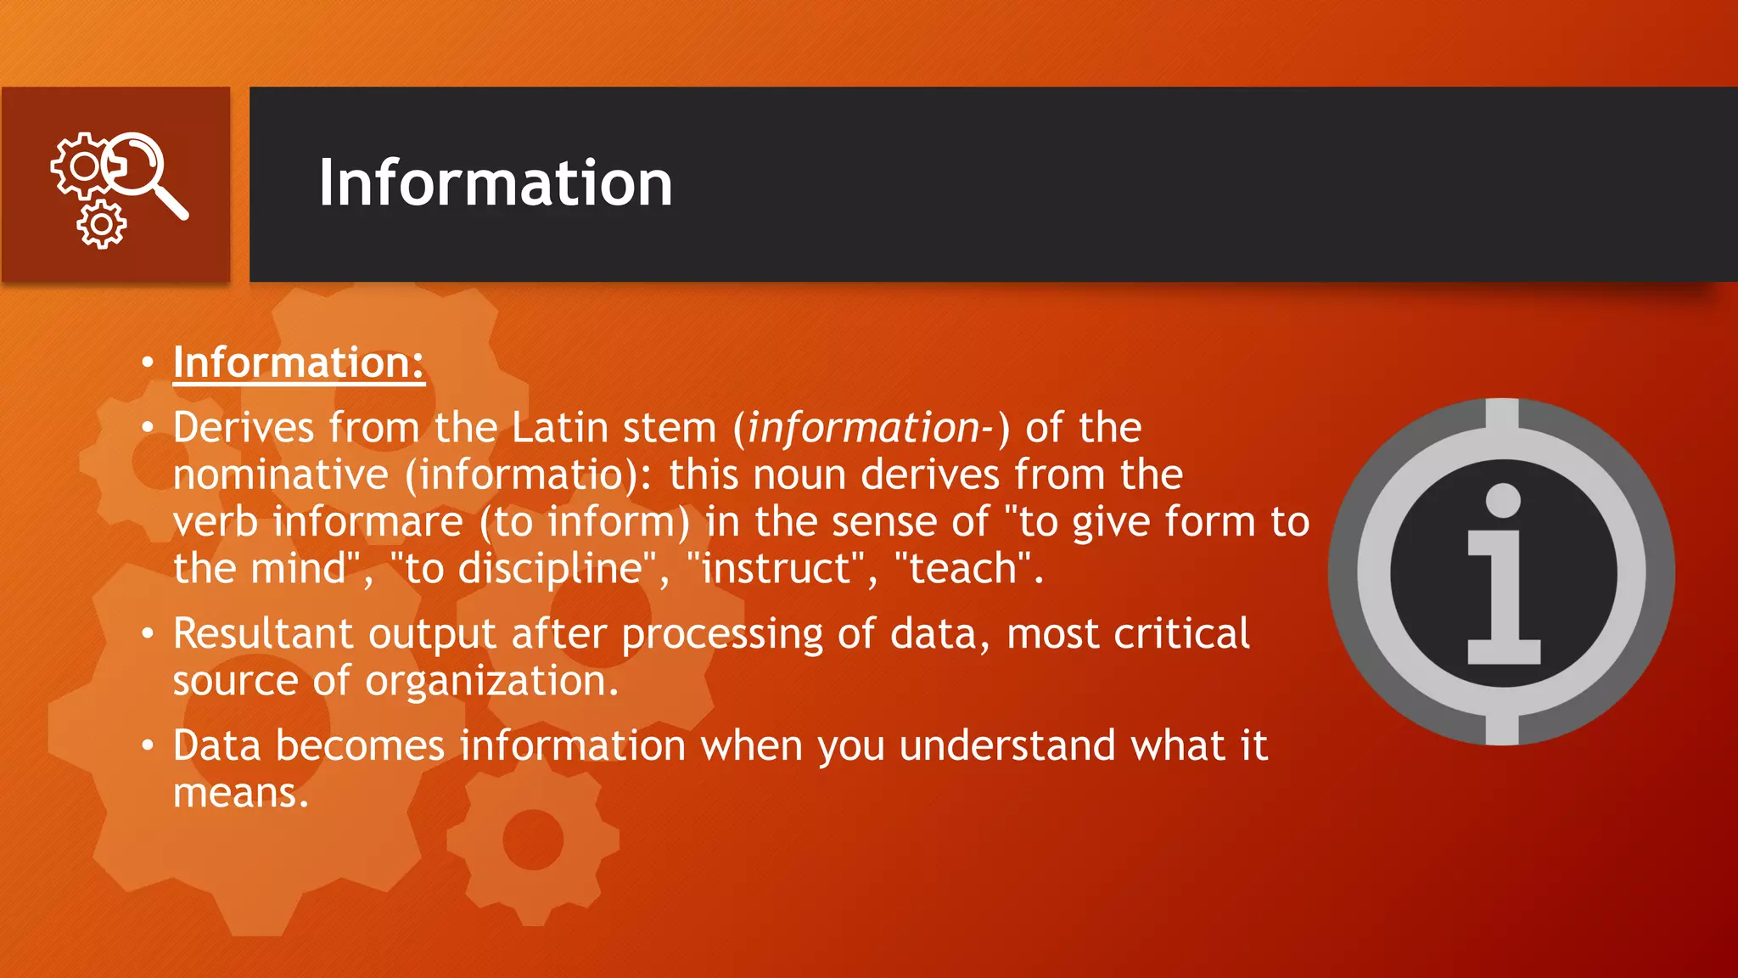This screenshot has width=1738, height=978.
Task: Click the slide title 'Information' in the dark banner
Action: point(496,183)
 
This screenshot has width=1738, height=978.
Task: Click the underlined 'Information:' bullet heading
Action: point(298,363)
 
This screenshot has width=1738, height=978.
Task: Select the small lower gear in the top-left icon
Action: point(102,225)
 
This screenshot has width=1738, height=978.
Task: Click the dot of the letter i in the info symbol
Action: point(1503,500)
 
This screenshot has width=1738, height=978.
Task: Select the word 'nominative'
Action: point(281,474)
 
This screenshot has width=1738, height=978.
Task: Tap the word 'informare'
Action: point(367,521)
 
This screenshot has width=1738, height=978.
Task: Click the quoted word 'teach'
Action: point(963,568)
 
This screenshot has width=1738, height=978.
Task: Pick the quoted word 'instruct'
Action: point(776,568)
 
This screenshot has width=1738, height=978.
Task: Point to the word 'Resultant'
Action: point(262,633)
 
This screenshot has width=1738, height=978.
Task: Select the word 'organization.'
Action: point(492,681)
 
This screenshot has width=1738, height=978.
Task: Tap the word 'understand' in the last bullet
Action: point(1007,745)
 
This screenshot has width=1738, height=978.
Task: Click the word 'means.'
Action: point(241,793)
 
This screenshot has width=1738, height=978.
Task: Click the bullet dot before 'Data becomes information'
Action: point(148,746)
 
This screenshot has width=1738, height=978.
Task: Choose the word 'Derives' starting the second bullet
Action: point(243,427)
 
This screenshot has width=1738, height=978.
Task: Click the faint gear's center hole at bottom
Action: point(533,840)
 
